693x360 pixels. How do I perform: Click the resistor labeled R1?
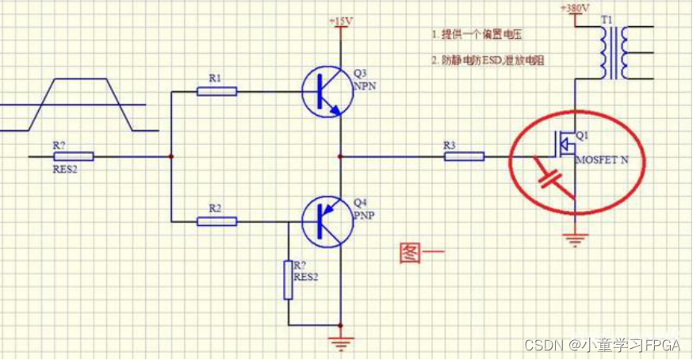click(x=216, y=91)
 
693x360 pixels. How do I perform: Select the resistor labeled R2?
click(x=216, y=220)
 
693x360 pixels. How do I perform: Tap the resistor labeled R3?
click(x=464, y=156)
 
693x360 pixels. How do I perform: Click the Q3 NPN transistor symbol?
click(x=325, y=92)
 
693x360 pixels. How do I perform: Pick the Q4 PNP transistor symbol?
click(x=325, y=220)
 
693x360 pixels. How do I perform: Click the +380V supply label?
click(x=574, y=7)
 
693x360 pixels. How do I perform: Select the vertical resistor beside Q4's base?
click(x=289, y=280)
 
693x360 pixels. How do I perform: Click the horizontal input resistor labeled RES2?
click(x=74, y=156)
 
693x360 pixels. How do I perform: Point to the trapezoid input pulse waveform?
click(x=79, y=104)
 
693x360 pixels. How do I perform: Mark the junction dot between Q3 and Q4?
click(x=341, y=156)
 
